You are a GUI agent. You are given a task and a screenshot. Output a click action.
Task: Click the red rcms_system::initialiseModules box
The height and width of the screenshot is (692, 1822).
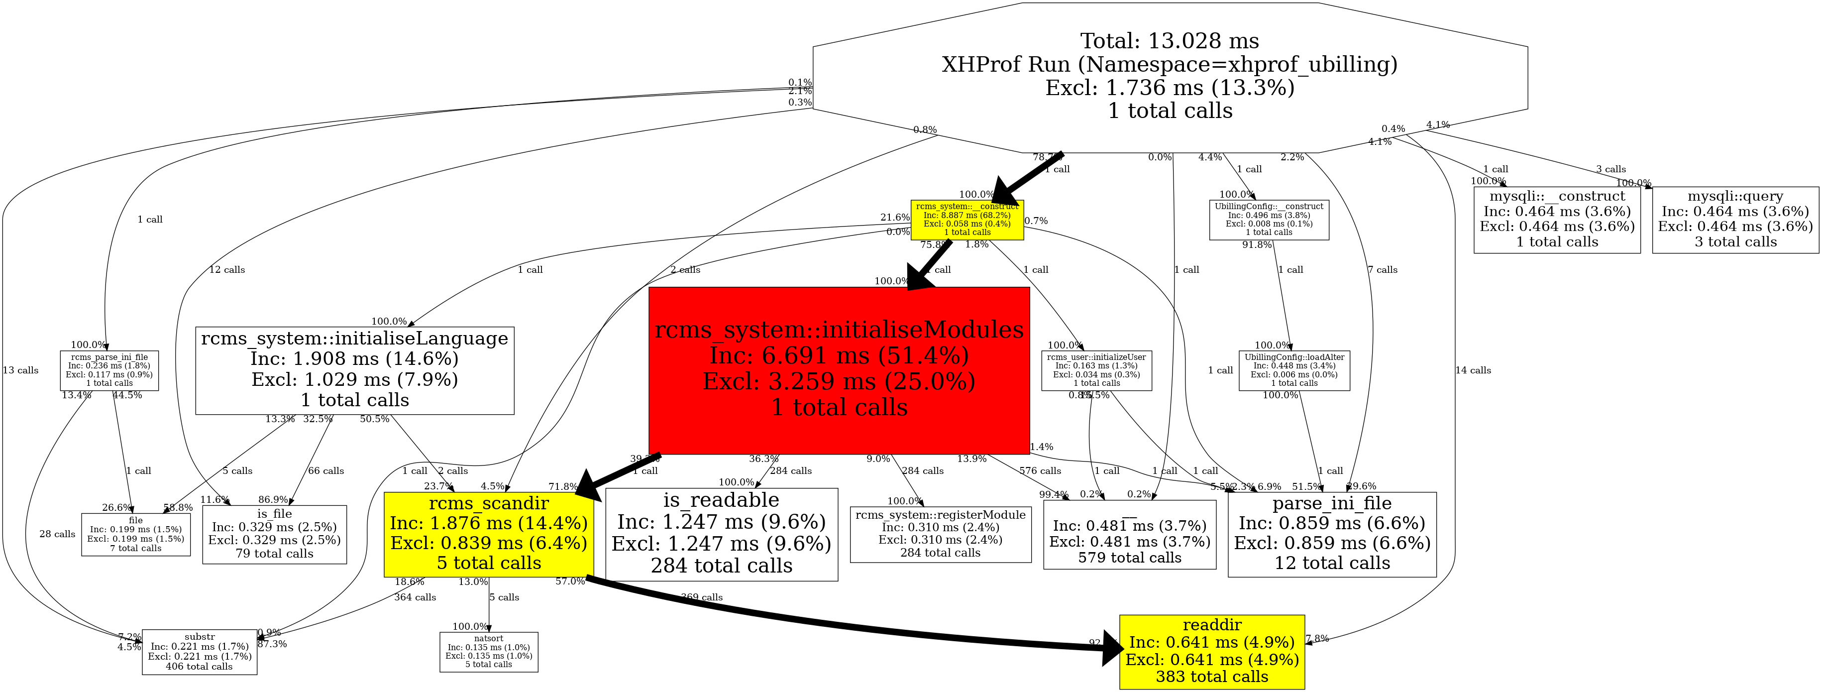pyautogui.click(x=839, y=370)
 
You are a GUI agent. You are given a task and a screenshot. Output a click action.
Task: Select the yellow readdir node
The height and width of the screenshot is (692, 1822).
pyautogui.click(x=1212, y=652)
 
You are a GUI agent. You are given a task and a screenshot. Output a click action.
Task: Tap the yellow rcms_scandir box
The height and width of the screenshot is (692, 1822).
pyautogui.click(x=489, y=534)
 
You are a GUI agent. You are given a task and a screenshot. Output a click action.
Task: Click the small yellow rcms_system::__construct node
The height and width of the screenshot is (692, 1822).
pyautogui.click(x=967, y=220)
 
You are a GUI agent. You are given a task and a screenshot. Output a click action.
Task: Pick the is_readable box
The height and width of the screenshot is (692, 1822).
pyautogui.click(x=722, y=534)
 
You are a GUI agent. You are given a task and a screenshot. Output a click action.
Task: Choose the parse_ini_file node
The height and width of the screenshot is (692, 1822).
pyautogui.click(x=1332, y=534)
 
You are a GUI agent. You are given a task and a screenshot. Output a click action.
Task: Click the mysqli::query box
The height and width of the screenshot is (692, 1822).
pyautogui.click(x=1735, y=220)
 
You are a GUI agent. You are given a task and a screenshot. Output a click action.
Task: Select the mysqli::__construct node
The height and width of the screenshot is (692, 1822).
pyautogui.click(x=1557, y=220)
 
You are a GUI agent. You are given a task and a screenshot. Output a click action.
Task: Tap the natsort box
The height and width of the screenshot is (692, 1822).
pyautogui.click(x=489, y=652)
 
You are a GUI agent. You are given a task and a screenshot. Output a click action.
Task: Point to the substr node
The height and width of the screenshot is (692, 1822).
pyautogui.click(x=200, y=652)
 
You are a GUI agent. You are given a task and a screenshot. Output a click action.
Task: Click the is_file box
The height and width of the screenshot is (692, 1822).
pyautogui.click(x=274, y=534)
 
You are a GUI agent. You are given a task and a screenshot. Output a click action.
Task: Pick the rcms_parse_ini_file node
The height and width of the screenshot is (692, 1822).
pyautogui.click(x=109, y=370)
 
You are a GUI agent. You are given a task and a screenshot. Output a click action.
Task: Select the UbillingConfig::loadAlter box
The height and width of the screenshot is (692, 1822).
pyautogui.click(x=1293, y=370)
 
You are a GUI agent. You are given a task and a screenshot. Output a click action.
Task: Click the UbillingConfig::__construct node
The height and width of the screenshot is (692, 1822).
pyautogui.click(x=1269, y=220)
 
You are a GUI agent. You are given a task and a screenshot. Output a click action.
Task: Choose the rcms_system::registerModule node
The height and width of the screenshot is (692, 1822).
pyautogui.click(x=940, y=534)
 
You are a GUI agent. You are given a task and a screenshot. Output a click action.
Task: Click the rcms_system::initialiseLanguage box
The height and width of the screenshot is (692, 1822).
pyautogui.click(x=354, y=370)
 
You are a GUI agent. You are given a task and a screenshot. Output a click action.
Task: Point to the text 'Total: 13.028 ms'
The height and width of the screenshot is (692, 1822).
pyautogui.click(x=1170, y=41)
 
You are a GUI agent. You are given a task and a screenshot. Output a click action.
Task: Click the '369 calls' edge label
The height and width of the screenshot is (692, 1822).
pyautogui.click(x=702, y=597)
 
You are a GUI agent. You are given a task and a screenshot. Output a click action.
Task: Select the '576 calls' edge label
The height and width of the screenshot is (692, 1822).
pyautogui.click(x=1040, y=470)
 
